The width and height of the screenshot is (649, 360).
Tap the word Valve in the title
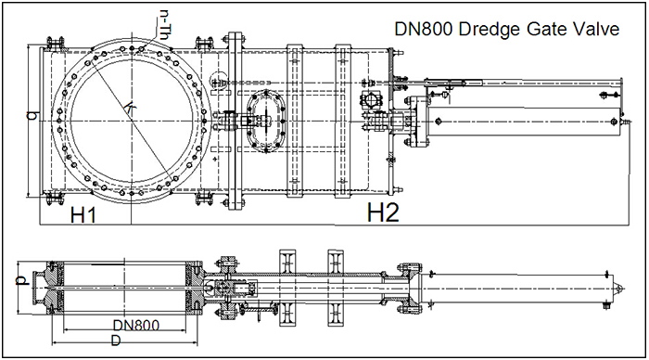(594, 30)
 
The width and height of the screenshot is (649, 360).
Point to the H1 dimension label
(84, 216)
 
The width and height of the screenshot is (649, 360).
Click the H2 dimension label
(383, 213)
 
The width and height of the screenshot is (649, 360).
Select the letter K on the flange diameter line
(127, 109)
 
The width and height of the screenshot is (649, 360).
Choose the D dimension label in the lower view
(115, 341)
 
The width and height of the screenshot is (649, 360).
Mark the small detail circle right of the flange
(219, 82)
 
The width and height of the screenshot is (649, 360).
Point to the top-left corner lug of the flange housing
(53, 43)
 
